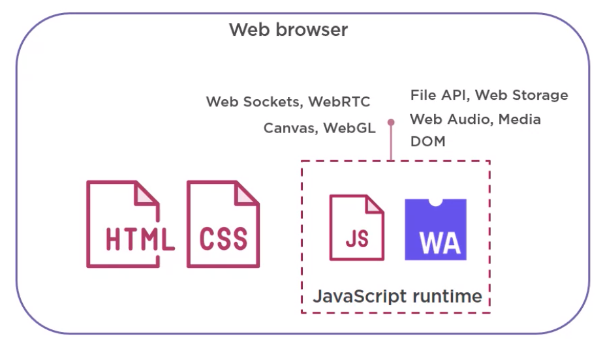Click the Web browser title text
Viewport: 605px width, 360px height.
(288, 30)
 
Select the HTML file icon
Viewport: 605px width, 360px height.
(127, 224)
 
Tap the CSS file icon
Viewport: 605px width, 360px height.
(223, 224)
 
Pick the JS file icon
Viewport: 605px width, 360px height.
(356, 228)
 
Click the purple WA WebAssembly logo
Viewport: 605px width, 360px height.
(435, 230)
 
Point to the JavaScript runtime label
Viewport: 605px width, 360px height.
(397, 296)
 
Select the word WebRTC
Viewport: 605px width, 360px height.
(339, 102)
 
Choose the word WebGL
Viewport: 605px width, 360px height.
(350, 128)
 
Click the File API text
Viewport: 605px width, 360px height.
(439, 95)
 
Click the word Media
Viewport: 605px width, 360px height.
(518, 119)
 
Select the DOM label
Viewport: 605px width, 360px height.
(427, 141)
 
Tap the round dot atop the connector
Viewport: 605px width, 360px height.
(391, 122)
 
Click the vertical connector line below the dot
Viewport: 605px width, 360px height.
(391, 143)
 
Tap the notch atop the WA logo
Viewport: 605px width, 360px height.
(436, 202)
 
